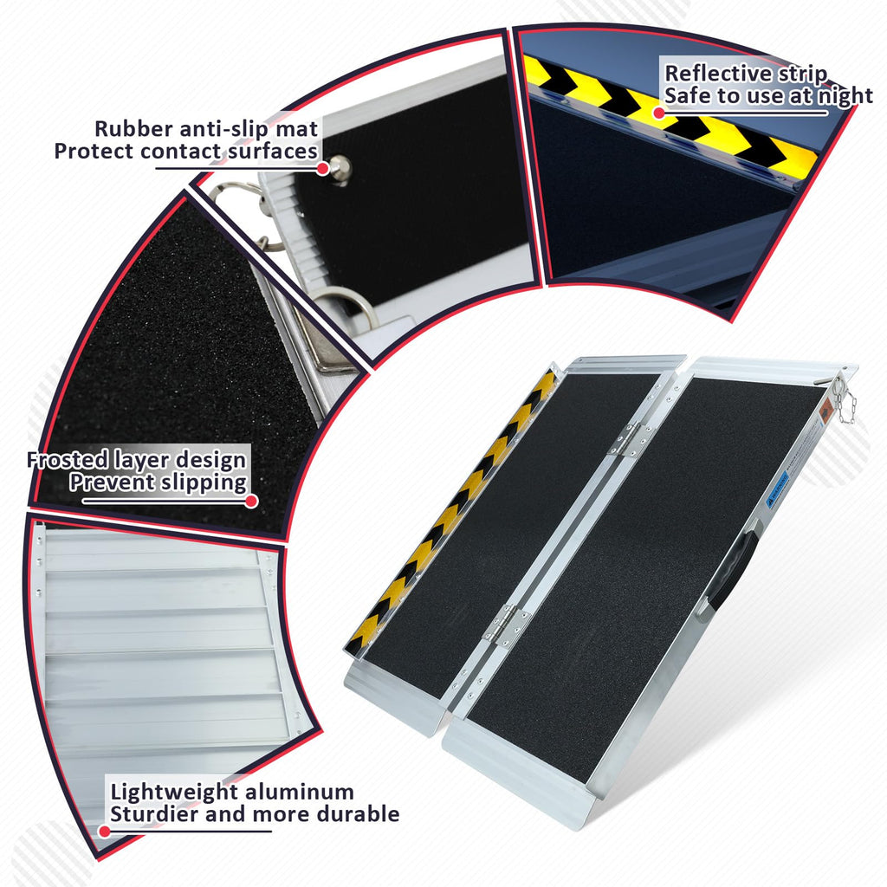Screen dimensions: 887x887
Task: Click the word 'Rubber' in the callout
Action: [133, 128]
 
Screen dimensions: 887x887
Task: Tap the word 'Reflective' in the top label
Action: [716, 74]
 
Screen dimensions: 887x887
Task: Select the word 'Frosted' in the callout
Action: [68, 460]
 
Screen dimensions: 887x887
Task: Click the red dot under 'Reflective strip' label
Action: [658, 113]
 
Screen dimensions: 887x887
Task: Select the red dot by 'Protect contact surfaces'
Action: [322, 168]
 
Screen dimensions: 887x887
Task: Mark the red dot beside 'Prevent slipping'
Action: [252, 501]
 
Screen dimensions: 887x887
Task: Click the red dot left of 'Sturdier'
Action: [104, 831]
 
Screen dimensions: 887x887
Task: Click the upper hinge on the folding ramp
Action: [628, 439]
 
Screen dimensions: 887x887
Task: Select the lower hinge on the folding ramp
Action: [507, 625]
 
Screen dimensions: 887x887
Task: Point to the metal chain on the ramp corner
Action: [845, 401]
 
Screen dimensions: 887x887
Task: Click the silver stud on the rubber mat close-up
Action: [340, 169]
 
